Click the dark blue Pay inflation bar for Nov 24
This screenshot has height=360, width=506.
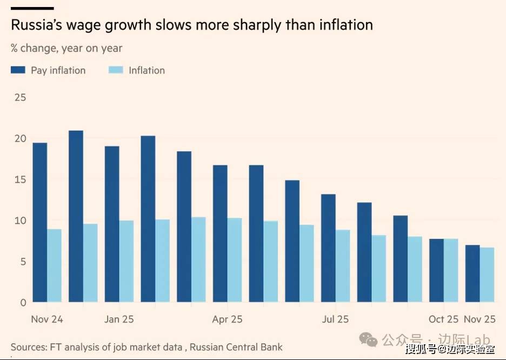pos(39,222)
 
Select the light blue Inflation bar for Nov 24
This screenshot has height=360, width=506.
pos(54,265)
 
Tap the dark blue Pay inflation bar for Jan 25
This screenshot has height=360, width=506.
pos(112,224)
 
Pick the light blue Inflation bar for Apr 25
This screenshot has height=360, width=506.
pos(234,260)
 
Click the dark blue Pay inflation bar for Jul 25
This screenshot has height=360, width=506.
pos(328,248)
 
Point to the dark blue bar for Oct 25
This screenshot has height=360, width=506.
pos(436,270)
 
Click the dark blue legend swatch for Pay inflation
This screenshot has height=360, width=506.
pos(18,70)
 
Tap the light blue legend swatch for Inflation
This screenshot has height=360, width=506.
pos(116,70)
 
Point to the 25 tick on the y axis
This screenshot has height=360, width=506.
pos(20,98)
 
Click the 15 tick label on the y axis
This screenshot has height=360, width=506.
pos(20,180)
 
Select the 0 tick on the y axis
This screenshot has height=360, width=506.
pos(23,303)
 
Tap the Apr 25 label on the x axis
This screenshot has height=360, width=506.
pos(227,319)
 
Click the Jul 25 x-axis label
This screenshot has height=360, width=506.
pos(335,319)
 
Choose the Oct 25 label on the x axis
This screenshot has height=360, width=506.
pos(443,319)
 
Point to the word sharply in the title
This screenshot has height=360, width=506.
pos(253,25)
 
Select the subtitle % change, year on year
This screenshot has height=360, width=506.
pos(66,48)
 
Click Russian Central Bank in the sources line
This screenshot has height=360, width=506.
pos(236,346)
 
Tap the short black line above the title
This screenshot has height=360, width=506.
pos(32,8)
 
